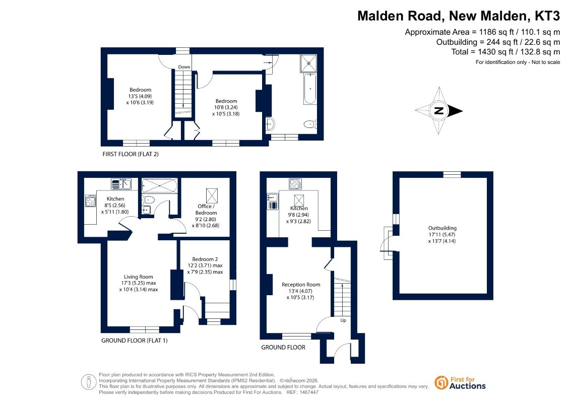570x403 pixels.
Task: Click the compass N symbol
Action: [439, 111]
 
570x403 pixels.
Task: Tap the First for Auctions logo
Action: [460, 383]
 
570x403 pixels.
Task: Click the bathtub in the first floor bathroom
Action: [310, 89]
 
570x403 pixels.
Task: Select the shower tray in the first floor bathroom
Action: [308, 63]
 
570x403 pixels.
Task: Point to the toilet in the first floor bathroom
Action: [310, 124]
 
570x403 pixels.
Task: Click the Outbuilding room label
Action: [442, 234]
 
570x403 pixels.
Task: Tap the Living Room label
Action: [139, 283]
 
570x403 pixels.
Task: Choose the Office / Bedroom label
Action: [206, 216]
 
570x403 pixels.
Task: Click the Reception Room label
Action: [301, 291]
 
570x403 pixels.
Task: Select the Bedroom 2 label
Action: [205, 265]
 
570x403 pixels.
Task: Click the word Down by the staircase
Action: [184, 67]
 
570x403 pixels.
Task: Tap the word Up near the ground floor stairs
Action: [343, 320]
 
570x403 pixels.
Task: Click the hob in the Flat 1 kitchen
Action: [90, 201]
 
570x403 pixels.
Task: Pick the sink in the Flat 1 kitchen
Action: [121, 184]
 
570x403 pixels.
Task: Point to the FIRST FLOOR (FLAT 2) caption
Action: [131, 154]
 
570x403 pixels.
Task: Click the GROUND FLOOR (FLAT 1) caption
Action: [135, 341]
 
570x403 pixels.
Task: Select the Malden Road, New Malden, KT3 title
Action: [459, 16]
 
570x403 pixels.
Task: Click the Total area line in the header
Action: [505, 52]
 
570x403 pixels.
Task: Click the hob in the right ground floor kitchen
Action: [295, 184]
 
